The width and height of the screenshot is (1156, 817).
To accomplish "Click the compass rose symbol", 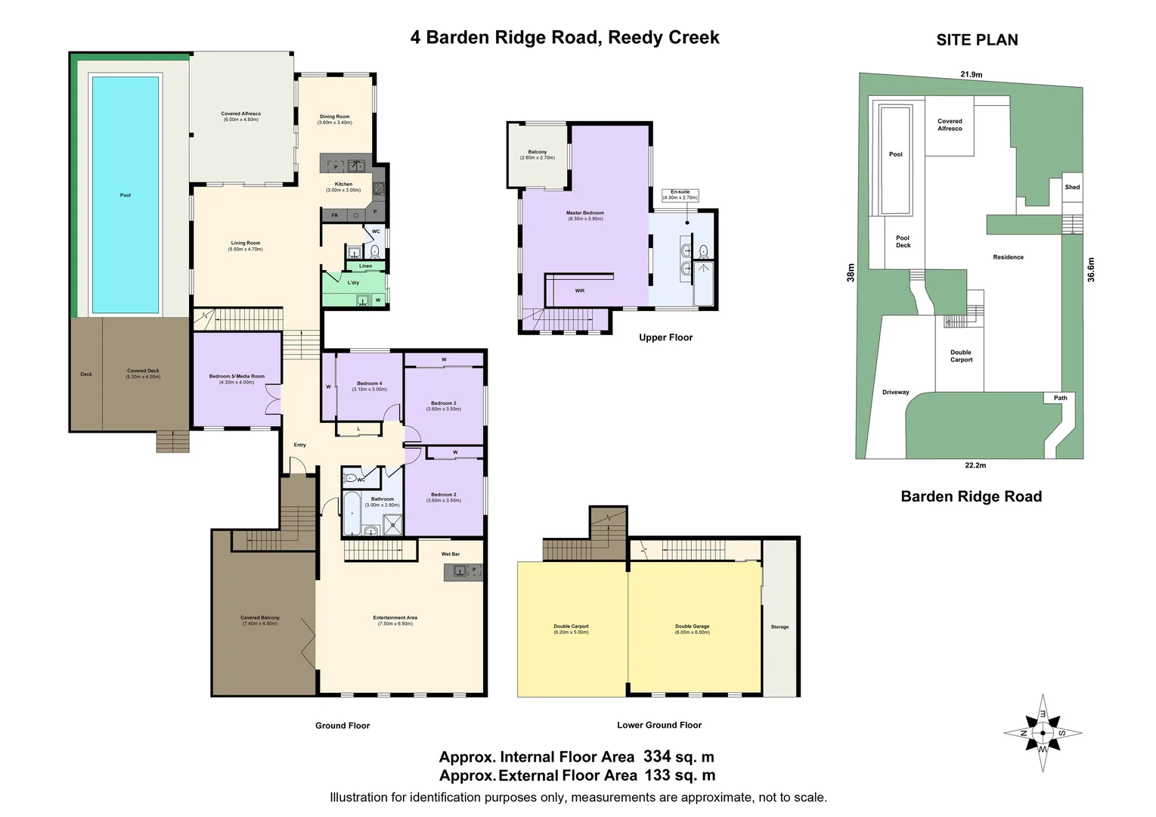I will coord(1043,732).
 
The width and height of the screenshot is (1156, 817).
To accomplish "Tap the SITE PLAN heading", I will coord(977,40).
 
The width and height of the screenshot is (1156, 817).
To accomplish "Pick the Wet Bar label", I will coord(451,554).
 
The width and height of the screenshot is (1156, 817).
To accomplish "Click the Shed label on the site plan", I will coord(1072,187).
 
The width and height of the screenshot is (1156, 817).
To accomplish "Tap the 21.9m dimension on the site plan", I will coord(971,75).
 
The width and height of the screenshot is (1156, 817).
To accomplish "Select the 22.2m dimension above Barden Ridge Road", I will coord(975,465).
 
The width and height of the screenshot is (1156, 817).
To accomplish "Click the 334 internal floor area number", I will coord(657,756).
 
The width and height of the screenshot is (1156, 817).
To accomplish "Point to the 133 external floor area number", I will coord(658,775).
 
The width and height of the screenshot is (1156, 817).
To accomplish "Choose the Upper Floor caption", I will coord(665,337).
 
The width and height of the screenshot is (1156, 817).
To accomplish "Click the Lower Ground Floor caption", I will coord(659,725).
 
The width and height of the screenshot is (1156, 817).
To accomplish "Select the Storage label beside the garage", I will coord(779,626).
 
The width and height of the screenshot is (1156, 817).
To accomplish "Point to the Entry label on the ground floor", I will coord(299,445).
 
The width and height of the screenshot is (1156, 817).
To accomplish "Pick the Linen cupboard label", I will coord(365,266).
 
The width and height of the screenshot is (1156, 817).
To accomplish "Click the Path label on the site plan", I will coord(1061,398).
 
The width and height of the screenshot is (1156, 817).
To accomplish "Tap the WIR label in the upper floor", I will coord(579,290).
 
